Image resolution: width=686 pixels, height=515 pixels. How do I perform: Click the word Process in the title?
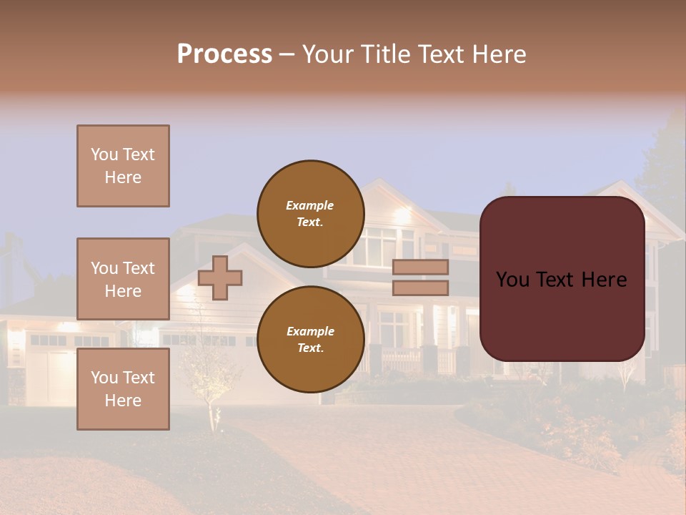pyautogui.click(x=224, y=54)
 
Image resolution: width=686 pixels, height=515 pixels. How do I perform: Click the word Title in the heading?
pyautogui.click(x=387, y=54)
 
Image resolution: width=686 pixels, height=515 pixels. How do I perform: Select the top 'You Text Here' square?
pyautogui.click(x=123, y=166)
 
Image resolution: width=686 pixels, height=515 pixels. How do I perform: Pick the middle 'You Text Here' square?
pyautogui.click(x=123, y=279)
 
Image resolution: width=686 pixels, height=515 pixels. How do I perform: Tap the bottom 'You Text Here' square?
pyautogui.click(x=123, y=389)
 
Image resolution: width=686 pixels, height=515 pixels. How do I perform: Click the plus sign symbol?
pyautogui.click(x=220, y=278)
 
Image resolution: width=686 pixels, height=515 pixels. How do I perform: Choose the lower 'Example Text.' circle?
pyautogui.click(x=310, y=339)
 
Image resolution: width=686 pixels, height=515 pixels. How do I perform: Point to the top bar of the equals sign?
pyautogui.click(x=421, y=267)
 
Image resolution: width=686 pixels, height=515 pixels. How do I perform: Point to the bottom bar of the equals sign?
pyautogui.click(x=421, y=288)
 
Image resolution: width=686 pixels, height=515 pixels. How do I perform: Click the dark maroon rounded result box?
pyautogui.click(x=562, y=315)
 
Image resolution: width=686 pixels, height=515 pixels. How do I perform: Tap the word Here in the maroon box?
pyautogui.click(x=604, y=280)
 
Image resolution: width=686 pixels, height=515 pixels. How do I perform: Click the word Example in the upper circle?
pyautogui.click(x=309, y=205)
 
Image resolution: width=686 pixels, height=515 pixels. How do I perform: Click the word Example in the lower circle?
pyautogui.click(x=310, y=331)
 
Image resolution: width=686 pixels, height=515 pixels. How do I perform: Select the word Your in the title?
pyautogui.click(x=329, y=54)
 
